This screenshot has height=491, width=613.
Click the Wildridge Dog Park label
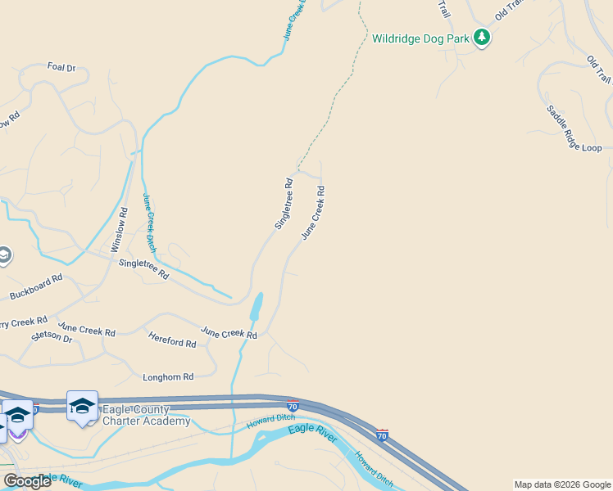click(x=420, y=38)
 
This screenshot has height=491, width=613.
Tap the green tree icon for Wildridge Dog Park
click(x=482, y=38)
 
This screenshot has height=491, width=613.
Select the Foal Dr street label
click(x=61, y=67)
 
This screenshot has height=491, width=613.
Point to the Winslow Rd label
click(x=120, y=229)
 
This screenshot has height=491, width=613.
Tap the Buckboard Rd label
click(x=36, y=286)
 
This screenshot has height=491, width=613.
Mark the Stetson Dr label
click(x=51, y=336)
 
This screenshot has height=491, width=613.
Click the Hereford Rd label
click(x=172, y=339)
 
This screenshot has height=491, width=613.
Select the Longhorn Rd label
click(x=167, y=377)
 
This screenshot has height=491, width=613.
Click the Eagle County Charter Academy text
click(x=146, y=416)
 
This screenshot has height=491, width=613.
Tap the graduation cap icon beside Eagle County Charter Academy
click(x=82, y=406)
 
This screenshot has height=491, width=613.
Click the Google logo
click(x=27, y=481)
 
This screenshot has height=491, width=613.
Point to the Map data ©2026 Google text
click(x=561, y=484)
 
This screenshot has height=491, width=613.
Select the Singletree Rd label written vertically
click(x=284, y=204)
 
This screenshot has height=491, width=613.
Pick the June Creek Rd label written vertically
click(x=313, y=212)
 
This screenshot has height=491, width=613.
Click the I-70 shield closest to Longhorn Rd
click(x=293, y=405)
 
